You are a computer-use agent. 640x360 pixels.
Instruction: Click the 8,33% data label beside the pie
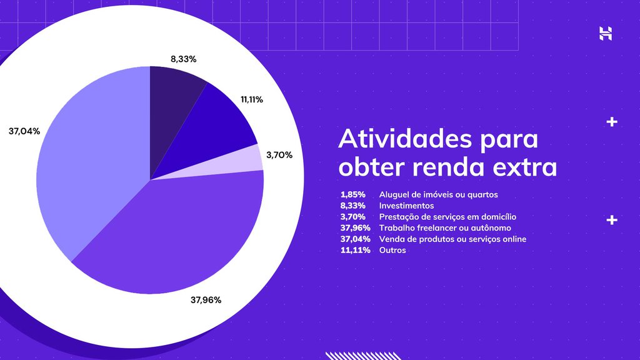[184, 59]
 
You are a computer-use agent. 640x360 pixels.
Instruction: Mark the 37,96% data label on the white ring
[206, 300]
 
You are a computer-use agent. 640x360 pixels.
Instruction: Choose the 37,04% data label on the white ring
[24, 131]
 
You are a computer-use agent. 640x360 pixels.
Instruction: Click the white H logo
[605, 34]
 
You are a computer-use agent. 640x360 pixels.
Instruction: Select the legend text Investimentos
[406, 206]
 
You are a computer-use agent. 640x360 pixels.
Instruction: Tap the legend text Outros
[392, 250]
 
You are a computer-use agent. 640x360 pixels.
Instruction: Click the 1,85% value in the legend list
[353, 194]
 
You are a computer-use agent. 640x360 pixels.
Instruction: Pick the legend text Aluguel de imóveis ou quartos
[438, 194]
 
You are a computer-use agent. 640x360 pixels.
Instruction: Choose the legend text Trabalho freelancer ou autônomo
[445, 228]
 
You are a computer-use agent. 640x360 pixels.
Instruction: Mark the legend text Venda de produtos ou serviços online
[452, 239]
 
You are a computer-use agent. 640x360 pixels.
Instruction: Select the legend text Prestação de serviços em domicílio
[447, 217]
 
